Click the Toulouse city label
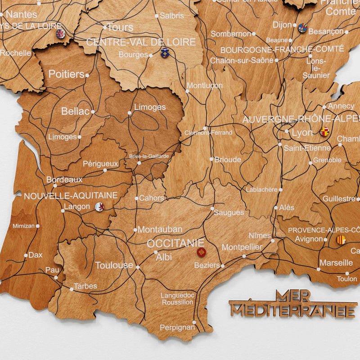pyautogui.click(x=114, y=265)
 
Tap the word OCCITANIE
pyautogui.click(x=175, y=243)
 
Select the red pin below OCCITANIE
pyautogui.click(x=201, y=252)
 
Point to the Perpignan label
pyautogui.click(x=177, y=328)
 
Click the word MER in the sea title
pyautogui.click(x=292, y=296)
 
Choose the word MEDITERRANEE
pyautogui.click(x=293, y=310)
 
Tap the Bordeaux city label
pyautogui.click(x=64, y=180)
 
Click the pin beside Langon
pyautogui.click(x=100, y=207)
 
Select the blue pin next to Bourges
pyautogui.click(x=165, y=53)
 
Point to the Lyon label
pyautogui.click(x=302, y=133)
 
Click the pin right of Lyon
pyautogui.click(x=324, y=131)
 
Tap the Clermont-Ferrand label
pyautogui.click(x=208, y=133)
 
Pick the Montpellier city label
pyautogui.click(x=242, y=247)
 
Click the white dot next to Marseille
pyautogui.click(x=319, y=270)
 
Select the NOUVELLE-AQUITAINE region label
pyautogui.click(x=71, y=196)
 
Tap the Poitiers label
pyautogui.click(x=66, y=74)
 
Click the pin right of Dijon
pyautogui.click(x=303, y=28)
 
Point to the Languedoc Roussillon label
pyautogui.click(x=177, y=299)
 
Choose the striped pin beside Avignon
pyautogui.click(x=341, y=240)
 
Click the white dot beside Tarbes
pyautogui.click(x=71, y=288)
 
